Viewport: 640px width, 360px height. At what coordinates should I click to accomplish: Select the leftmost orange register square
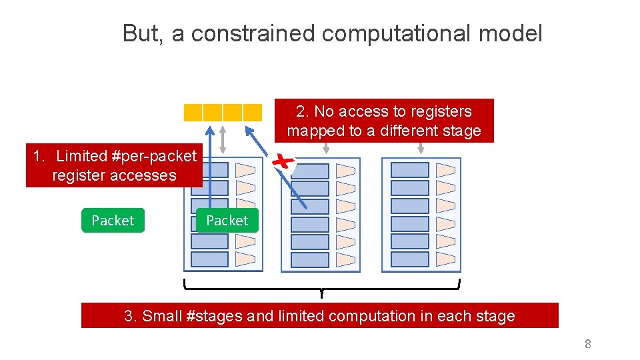(x=193, y=113)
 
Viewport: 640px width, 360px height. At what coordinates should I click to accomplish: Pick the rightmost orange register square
(x=253, y=113)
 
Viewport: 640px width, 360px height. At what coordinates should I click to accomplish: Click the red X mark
(x=285, y=161)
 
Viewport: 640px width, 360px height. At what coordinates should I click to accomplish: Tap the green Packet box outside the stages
(x=113, y=221)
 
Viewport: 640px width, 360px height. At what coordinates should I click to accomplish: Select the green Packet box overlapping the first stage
(x=227, y=221)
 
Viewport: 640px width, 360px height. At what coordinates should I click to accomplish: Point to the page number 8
(x=587, y=344)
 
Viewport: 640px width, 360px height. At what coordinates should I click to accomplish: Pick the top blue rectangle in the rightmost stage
(x=409, y=170)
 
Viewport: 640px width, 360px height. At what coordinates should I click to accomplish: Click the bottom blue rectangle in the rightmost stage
(x=409, y=259)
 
